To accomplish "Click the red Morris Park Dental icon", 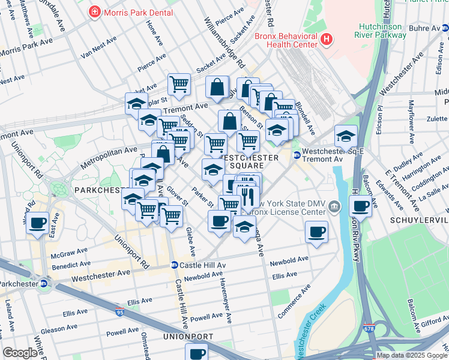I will tap(94, 12).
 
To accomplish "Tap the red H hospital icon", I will tap(326, 40).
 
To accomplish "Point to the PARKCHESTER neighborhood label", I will tap(100, 190).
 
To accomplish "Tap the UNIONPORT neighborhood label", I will tap(187, 337).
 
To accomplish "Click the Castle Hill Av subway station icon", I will tap(173, 265).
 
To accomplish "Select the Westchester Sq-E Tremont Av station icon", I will tap(297, 155).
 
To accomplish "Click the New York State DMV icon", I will tap(334, 207).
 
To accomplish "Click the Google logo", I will tap(20, 353).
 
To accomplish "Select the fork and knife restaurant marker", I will tap(247, 196).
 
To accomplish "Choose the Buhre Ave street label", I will tap(424, 28).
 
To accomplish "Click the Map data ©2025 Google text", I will tap(411, 355).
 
